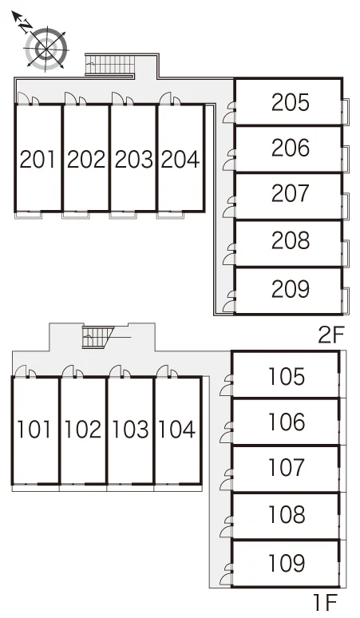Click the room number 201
(38, 159)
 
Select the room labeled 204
(180, 159)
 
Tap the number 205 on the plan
(291, 102)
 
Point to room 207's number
(291, 193)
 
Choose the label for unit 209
(291, 289)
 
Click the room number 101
(34, 430)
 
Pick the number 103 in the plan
(130, 430)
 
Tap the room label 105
(287, 376)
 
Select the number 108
(287, 514)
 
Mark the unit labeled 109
(287, 562)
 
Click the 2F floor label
(331, 335)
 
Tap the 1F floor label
(326, 602)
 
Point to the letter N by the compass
(26, 26)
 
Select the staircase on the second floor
(111, 64)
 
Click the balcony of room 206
(346, 159)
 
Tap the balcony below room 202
(76, 216)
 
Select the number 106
(287, 422)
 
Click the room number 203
(133, 159)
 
